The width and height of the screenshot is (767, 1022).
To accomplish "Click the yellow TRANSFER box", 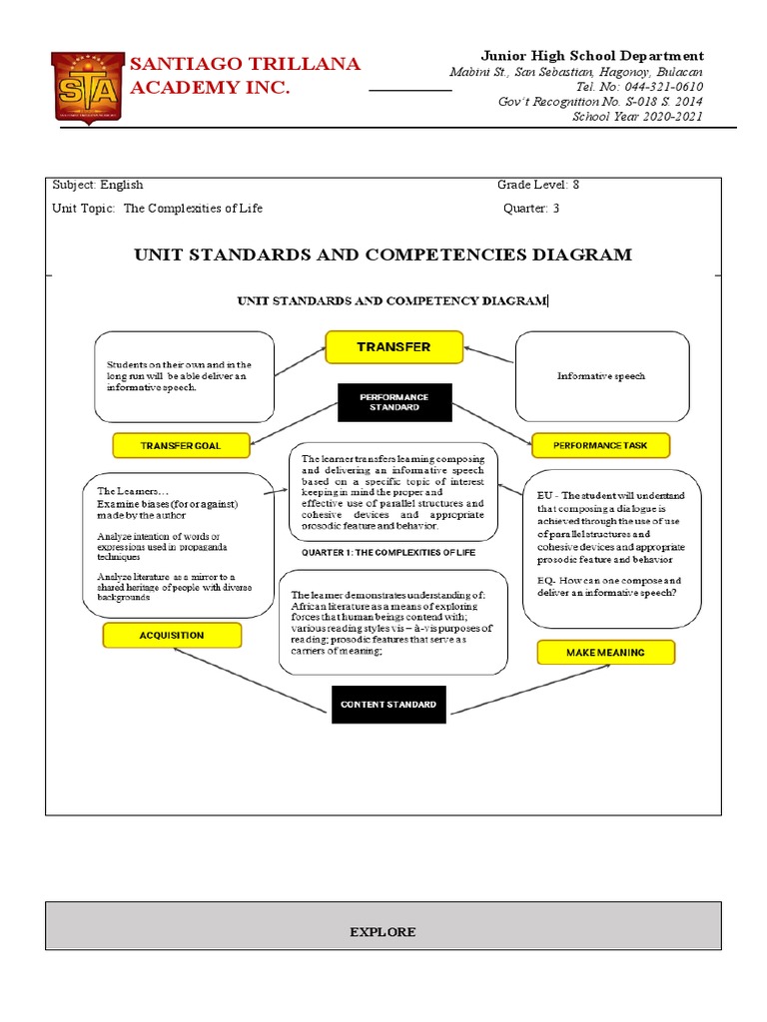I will pos(393,346).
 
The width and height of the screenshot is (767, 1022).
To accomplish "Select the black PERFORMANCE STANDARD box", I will pos(393,402).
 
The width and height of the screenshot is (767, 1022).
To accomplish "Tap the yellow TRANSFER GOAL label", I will pos(181,445).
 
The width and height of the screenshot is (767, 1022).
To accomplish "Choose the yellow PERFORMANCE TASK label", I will pos(600,445).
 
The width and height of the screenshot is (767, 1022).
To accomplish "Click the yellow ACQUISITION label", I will pos(172,635).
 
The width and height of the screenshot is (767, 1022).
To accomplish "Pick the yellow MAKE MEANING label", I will pos(605,652).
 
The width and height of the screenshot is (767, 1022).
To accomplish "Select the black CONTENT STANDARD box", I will pos(388,705).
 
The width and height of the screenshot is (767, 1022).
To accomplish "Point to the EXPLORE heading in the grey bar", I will pos(383,931).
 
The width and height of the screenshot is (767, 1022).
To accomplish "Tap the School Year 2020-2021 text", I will pos(637,117).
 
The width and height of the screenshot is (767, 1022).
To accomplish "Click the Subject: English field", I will pos(98,185).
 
